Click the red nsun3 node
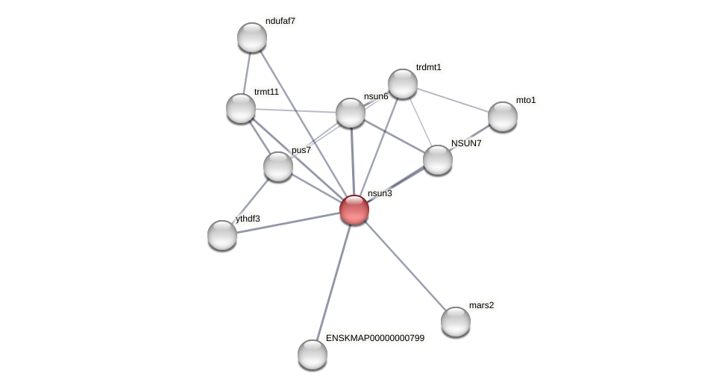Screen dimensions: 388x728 point(354,210)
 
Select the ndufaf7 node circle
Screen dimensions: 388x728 point(252,37)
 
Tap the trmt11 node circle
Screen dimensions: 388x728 point(241,108)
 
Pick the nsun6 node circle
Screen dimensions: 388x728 point(351,113)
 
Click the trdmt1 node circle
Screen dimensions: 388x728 point(403,84)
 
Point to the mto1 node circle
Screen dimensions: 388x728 point(503,116)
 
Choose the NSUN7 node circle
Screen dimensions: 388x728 point(438,160)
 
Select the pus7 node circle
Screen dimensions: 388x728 point(278,166)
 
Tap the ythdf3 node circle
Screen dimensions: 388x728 point(222,235)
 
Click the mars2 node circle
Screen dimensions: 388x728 point(456,322)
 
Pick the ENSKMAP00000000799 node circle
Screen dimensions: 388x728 point(313,354)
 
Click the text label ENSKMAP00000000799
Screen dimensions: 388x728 point(374,338)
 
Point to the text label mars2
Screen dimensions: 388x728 point(481,305)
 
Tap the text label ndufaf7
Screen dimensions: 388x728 point(280,21)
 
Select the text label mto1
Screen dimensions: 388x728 point(526,100)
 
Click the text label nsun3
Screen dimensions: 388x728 point(380,193)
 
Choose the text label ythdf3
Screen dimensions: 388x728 point(248,219)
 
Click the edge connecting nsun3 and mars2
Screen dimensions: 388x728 point(405,266)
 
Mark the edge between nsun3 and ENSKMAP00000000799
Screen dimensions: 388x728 point(333,282)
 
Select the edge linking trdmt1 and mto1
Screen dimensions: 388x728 point(453,100)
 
